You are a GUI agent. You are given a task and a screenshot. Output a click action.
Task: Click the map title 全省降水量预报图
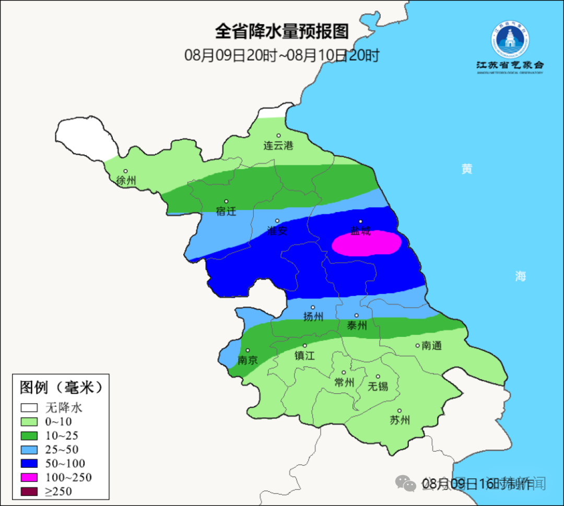tap(281, 32)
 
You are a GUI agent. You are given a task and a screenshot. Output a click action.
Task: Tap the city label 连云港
tap(278, 146)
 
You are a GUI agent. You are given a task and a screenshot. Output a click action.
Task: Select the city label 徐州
tap(126, 181)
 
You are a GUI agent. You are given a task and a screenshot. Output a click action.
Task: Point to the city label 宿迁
tap(226, 211)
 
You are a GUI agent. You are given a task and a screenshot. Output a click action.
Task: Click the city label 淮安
tap(277, 230)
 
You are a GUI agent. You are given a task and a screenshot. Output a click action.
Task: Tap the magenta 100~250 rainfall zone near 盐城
tap(367, 244)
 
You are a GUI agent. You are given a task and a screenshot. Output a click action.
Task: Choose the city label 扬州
tap(313, 316)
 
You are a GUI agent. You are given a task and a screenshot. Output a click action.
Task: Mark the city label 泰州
tap(357, 325)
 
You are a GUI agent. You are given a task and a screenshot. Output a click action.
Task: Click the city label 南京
tap(248, 360)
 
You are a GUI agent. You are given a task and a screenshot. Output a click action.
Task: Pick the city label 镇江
tap(304, 356)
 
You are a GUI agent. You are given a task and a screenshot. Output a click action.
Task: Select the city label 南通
tap(431, 345)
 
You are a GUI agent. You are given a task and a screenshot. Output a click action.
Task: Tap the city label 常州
tap(344, 383)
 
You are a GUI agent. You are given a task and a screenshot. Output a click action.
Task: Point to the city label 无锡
tap(378, 386)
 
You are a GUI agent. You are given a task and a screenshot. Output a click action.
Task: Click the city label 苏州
tap(400, 420)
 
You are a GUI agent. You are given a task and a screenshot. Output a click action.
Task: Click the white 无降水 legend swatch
tap(29, 407)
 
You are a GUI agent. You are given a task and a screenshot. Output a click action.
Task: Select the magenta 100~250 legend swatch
tap(29, 477)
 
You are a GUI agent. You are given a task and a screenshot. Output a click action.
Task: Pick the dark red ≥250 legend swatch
tap(29, 491)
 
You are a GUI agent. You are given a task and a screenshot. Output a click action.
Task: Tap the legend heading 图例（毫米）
tap(61, 387)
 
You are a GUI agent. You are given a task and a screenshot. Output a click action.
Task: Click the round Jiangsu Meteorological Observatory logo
tap(510, 40)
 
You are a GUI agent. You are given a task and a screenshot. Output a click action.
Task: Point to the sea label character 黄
tap(466, 169)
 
